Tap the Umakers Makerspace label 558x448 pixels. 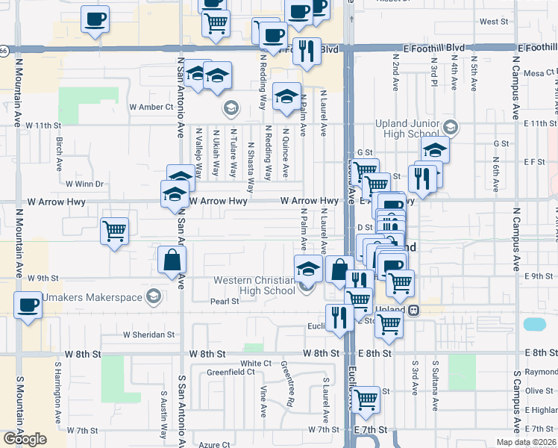pyautogui.click(x=103, y=297)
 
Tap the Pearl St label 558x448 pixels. pyautogui.click(x=224, y=302)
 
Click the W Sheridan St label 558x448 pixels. pyautogui.click(x=148, y=335)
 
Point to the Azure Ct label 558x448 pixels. pyautogui.click(x=215, y=444)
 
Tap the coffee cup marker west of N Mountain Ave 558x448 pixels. pyautogui.click(x=28, y=305)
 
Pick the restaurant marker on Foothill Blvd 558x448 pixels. pyautogui.click(x=306, y=51)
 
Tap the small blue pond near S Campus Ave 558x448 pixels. pyautogui.click(x=534, y=324)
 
